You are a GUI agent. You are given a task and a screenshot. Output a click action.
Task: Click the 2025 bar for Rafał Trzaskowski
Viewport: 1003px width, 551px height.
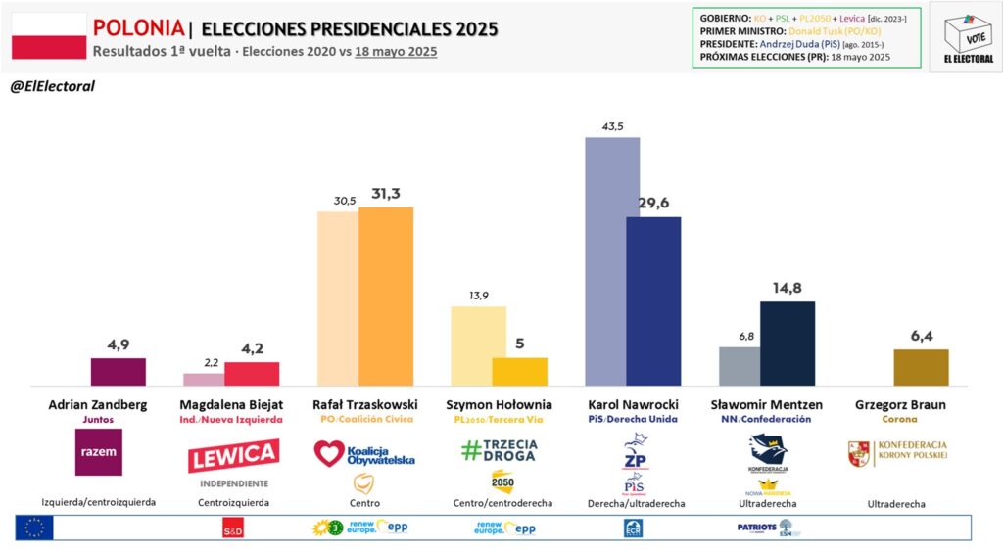pyautogui.click(x=385, y=297)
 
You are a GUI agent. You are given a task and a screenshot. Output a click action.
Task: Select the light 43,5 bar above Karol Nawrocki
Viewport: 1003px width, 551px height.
pyautogui.click(x=612, y=261)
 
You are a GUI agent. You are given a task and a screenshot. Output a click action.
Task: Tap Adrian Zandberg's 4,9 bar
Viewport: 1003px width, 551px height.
pyautogui.click(x=118, y=372)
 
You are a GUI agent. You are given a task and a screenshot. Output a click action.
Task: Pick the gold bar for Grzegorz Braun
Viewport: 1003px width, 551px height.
pyautogui.click(x=921, y=367)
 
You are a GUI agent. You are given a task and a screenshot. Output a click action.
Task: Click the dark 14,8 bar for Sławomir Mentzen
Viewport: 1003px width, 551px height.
pyautogui.click(x=788, y=344)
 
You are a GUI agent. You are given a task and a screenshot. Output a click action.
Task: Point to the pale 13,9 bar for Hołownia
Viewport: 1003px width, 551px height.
pyautogui.click(x=478, y=345)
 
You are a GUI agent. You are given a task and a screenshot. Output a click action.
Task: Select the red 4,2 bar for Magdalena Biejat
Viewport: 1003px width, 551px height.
pyautogui.click(x=252, y=374)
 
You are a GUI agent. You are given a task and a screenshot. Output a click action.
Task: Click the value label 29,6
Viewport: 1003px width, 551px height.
pyautogui.click(x=652, y=204)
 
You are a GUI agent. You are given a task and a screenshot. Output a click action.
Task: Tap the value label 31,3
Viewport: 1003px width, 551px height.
pyautogui.click(x=386, y=194)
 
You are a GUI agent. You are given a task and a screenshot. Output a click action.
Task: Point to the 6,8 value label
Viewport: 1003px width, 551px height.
pyautogui.click(x=745, y=336)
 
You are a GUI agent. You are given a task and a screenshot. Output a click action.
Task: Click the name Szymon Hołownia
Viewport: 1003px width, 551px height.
pyautogui.click(x=499, y=404)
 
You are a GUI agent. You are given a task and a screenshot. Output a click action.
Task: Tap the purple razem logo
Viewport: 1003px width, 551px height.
pyautogui.click(x=98, y=452)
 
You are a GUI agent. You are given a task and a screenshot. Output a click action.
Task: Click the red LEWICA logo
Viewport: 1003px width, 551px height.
pyautogui.click(x=233, y=456)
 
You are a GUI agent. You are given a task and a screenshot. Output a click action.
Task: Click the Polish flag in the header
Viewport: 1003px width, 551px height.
pyautogui.click(x=48, y=36)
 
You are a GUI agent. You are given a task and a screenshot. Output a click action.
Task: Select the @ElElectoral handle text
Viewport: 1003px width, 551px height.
pyautogui.click(x=52, y=86)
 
